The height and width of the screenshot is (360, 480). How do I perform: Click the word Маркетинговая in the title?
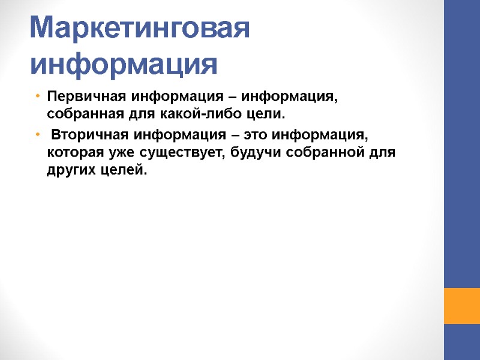tap(139, 28)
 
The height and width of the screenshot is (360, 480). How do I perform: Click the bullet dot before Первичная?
tap(37, 96)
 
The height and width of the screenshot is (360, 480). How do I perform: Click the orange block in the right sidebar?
tap(461, 306)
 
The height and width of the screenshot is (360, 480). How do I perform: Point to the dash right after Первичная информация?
tap(231, 97)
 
